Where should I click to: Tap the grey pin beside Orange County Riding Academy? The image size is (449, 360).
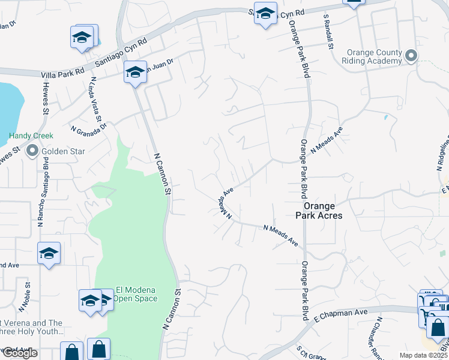[411, 56]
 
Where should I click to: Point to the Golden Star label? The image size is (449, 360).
[58, 152]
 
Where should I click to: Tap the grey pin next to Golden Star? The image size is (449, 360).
[32, 152]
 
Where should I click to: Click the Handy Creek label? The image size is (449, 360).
[31, 136]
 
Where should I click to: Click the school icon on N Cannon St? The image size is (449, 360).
[136, 73]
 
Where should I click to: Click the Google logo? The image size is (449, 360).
[19, 353]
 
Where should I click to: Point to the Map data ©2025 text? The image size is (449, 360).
[423, 355]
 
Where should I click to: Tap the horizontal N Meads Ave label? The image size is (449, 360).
[281, 235]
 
